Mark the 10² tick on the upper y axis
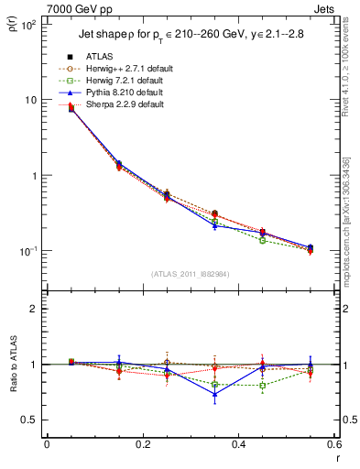(29, 25)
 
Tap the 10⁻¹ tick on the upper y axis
(29, 251)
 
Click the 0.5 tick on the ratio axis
(30, 420)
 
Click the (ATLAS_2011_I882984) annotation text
(191, 273)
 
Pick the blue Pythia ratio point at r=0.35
(214, 395)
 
